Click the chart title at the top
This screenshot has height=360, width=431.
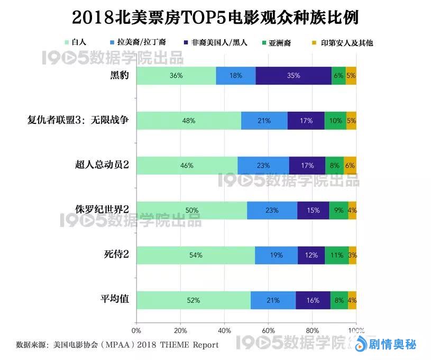point(215,17)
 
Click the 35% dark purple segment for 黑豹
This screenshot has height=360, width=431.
point(294,76)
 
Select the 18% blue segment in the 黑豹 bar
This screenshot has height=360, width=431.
point(236,76)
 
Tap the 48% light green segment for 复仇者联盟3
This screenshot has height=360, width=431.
point(189,121)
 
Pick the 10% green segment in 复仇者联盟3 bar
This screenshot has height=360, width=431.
point(335,121)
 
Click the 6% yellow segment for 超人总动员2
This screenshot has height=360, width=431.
point(350,165)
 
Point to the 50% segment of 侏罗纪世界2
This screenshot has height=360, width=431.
point(191,210)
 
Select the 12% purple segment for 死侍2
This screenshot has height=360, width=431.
point(311,255)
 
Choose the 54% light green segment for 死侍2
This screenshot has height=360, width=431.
point(196,255)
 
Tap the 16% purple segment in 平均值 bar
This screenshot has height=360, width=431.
point(313,300)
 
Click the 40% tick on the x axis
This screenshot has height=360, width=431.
point(224,331)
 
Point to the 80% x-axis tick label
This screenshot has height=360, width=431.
point(312,331)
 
